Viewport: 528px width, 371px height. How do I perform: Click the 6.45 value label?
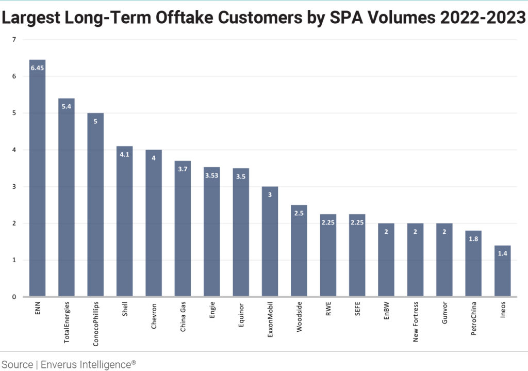point(37,67)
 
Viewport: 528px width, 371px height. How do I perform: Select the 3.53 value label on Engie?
point(212,176)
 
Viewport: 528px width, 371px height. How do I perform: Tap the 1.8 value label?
point(473,239)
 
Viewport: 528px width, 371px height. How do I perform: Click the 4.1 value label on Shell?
point(124,154)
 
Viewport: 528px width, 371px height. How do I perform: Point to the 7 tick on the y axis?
point(14,40)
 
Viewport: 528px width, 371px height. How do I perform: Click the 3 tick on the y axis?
point(14,187)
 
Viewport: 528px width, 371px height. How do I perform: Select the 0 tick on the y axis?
point(14,297)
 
